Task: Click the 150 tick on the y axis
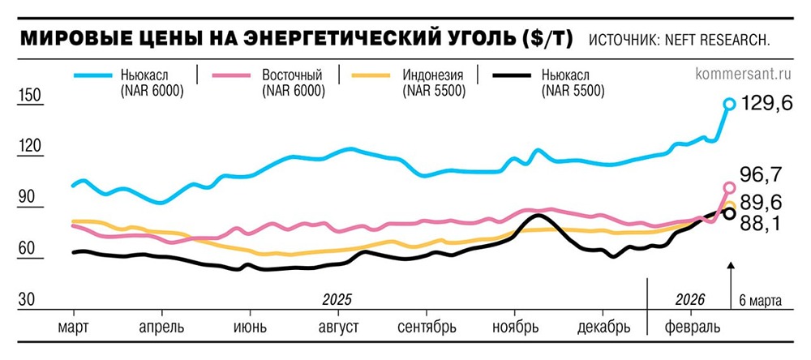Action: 29,96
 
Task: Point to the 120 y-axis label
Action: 29,147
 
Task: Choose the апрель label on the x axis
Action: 161,328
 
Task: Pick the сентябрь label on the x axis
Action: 427,328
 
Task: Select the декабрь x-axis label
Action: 604,328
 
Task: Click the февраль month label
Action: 690,328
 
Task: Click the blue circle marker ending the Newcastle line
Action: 729,104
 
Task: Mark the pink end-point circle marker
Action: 729,188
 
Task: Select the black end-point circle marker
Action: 729,213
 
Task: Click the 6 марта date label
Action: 761,301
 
